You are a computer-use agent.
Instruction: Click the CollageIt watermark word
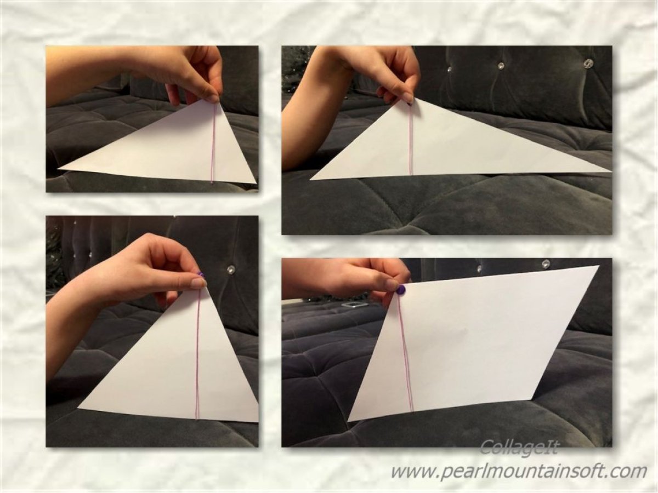[x=519, y=456]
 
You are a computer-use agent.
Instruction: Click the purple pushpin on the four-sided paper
[x=401, y=289]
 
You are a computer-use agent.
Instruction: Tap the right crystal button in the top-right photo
[x=588, y=63]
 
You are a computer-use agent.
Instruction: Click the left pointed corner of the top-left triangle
[x=58, y=169]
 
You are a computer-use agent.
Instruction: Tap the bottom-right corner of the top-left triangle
[x=257, y=182]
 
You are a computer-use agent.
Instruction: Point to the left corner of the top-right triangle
[x=310, y=180]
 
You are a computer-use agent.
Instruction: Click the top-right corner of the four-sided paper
[x=599, y=266]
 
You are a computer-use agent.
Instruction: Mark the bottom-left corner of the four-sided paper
[x=348, y=421]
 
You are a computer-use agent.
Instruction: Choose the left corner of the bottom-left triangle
[x=78, y=408]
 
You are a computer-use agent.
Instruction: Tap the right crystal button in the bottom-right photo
[x=546, y=263]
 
